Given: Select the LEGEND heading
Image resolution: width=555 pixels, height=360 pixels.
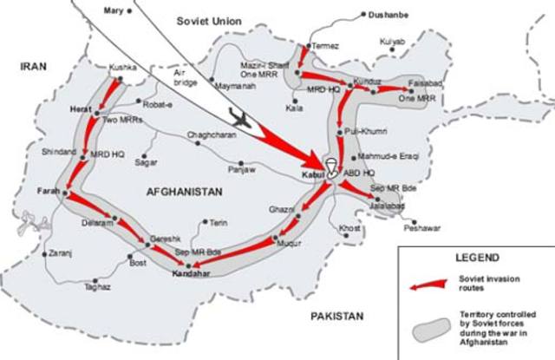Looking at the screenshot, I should click(476, 258).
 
